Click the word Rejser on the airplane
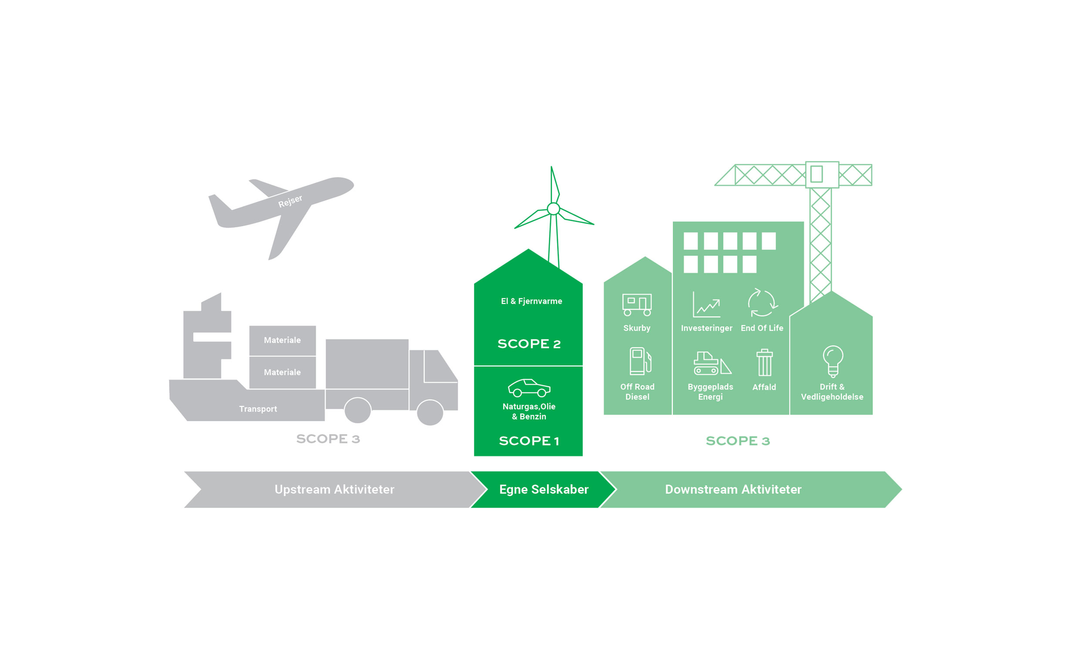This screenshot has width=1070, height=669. coord(290,201)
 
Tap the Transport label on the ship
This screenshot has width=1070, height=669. coord(258,409)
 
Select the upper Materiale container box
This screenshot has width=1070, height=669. coord(282,340)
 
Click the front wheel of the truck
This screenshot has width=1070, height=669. coord(429,412)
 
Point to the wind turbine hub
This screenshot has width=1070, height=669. coord(554,208)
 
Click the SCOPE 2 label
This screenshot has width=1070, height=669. coord(529,344)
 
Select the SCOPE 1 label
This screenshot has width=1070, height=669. coord(529,441)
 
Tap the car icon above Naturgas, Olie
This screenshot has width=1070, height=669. coord(529,388)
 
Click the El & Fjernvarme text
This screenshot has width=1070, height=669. coord(531,301)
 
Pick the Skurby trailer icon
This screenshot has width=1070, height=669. coord(637,305)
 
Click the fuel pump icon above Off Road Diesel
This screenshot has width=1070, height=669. coord(640,361)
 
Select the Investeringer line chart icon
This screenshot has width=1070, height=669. coord(706,305)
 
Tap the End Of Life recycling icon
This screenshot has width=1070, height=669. coord(762,303)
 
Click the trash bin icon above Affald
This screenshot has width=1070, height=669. coord(764,363)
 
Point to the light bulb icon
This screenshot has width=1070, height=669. coord(833,361)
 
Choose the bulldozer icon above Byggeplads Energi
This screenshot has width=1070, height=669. coord(711,363)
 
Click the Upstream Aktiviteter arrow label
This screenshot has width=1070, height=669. coord(334,490)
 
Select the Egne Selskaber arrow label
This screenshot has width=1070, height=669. coord(543,490)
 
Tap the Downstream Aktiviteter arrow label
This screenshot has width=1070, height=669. coord(733,490)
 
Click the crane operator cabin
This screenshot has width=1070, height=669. coord(822,174)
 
